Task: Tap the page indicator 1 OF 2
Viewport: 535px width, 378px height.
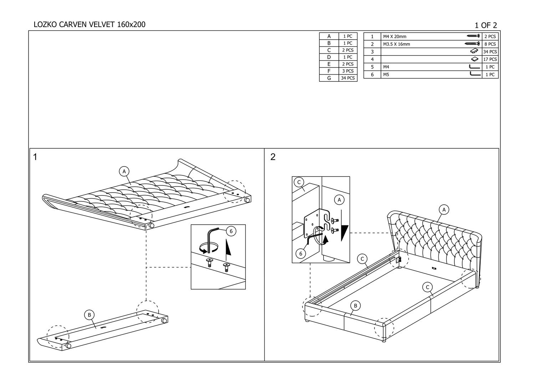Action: (x=486, y=25)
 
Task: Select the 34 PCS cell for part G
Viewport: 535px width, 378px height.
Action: (x=348, y=78)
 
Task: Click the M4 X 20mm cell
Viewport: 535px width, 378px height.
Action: (x=394, y=36)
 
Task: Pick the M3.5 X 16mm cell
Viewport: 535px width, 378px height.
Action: (x=396, y=44)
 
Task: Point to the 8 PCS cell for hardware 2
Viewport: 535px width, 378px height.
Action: (x=490, y=44)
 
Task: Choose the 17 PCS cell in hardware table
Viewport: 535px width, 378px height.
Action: (x=490, y=59)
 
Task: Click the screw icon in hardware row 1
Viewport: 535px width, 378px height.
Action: (x=473, y=36)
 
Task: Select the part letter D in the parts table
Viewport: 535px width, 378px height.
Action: (x=329, y=57)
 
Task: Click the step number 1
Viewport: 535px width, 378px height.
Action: (x=35, y=157)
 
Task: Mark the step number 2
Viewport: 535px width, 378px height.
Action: (x=273, y=157)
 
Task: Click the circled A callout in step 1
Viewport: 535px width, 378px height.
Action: (x=124, y=172)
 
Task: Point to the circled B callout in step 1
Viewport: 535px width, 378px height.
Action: (x=89, y=315)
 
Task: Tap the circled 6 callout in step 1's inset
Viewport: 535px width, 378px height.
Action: (x=231, y=231)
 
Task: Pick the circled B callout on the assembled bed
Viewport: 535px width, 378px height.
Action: (x=355, y=305)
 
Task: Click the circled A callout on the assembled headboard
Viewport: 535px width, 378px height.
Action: (x=444, y=210)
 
